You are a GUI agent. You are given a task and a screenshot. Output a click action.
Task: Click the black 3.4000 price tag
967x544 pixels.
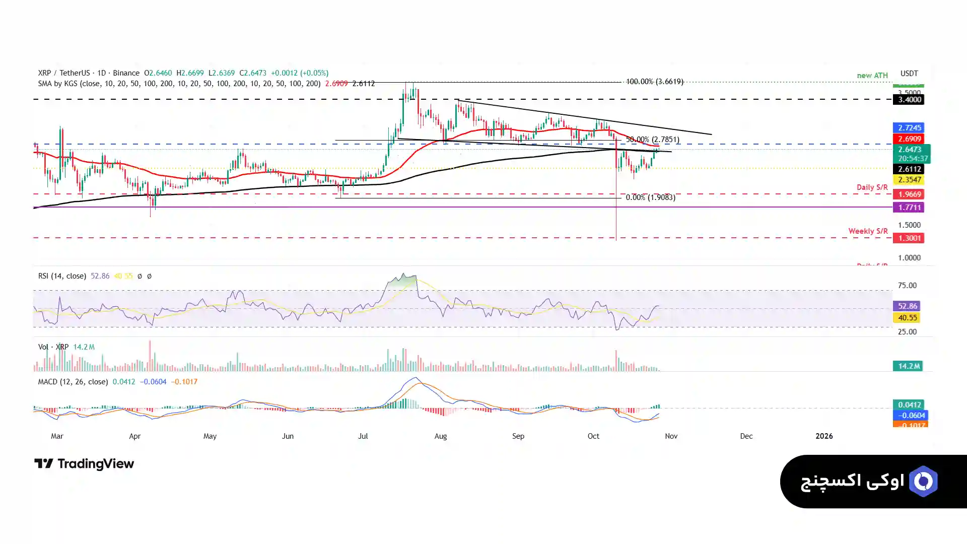909,100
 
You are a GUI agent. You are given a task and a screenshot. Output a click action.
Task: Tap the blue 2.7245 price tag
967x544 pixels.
909,128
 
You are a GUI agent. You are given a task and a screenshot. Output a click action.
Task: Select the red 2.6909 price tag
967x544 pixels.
909,139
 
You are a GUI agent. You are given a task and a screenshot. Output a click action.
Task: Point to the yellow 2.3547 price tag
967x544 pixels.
909,180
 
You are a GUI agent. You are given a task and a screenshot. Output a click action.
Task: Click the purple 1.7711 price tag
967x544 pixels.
909,208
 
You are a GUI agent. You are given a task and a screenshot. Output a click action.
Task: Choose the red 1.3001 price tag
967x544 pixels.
909,238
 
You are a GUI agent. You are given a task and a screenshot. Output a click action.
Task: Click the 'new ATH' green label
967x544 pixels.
872,76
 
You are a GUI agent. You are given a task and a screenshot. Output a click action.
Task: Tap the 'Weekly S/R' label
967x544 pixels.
868,231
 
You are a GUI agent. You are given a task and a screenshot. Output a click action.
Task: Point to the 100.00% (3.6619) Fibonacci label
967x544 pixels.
654,82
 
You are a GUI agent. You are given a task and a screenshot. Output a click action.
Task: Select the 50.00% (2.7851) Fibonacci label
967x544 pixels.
652,140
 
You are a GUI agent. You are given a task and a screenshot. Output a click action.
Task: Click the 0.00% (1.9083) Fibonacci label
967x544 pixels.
650,197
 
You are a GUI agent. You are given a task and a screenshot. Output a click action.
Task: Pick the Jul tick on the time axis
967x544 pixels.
363,436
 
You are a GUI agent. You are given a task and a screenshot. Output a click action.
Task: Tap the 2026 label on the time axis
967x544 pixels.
824,436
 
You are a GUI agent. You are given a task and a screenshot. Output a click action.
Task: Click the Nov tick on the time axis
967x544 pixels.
671,436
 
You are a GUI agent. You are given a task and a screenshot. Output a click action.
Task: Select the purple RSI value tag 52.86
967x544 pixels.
907,306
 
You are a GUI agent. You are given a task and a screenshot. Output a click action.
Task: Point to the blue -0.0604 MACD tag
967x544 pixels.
910,416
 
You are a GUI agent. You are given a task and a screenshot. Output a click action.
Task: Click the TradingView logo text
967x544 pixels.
95,464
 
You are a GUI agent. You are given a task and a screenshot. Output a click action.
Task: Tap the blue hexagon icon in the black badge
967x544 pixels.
923,482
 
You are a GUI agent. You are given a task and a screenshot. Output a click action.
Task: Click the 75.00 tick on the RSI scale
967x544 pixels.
907,286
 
